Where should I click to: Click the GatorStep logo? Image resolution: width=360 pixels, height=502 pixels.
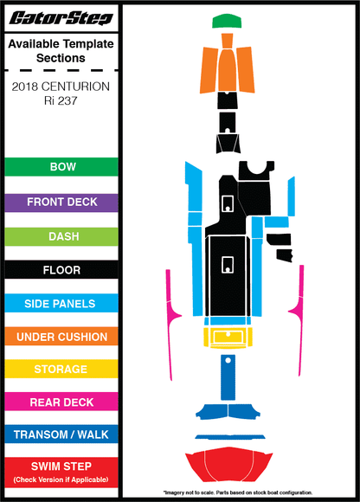coord(61,18)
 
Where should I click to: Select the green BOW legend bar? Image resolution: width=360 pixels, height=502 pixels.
coord(61,167)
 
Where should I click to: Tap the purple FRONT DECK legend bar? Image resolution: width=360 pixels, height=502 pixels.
coord(61,203)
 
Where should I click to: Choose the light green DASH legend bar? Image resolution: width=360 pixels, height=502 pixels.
coord(61,236)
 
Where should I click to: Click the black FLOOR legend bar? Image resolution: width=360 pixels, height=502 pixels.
coord(61,270)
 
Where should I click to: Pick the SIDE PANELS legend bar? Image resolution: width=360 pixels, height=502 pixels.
coord(61,303)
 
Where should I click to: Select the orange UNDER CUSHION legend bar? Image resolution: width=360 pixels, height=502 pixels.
coord(61,337)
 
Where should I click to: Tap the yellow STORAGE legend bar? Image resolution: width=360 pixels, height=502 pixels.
coord(61,369)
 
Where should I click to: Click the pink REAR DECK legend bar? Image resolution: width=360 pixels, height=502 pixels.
coord(61,402)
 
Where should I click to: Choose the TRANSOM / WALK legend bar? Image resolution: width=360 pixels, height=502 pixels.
coord(61,434)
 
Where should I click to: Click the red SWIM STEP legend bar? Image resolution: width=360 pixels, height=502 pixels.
coord(61,473)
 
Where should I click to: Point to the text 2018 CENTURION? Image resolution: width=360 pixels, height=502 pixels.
coord(61,87)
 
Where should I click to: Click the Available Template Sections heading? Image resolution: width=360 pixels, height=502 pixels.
coord(61,51)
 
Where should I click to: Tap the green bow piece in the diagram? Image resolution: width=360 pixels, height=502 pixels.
coord(227,21)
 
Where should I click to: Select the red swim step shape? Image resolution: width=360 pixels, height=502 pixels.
coord(228,464)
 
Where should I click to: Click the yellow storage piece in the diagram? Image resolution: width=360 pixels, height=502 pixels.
coord(228,338)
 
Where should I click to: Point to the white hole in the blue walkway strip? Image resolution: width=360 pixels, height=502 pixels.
coord(228,361)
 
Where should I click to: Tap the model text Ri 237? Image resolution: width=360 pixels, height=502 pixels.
coord(61,101)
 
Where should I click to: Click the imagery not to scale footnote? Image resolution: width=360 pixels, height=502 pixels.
coord(238,492)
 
